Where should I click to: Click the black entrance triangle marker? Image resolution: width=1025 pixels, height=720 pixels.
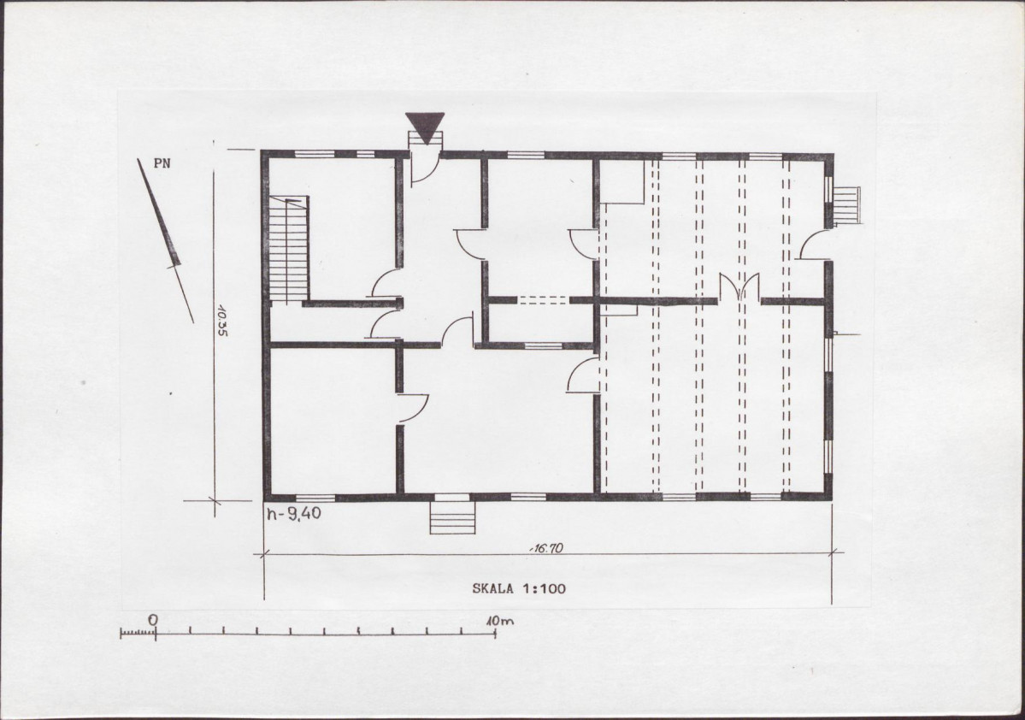tap(425, 127)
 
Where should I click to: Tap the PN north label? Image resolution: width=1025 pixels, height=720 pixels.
tap(162, 163)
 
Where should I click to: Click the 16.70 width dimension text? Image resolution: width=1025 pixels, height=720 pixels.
tap(545, 549)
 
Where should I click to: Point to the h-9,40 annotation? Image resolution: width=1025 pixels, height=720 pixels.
tap(293, 514)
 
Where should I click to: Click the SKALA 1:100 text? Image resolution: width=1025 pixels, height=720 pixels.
tap(519, 588)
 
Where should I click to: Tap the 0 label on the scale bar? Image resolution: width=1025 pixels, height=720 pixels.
tap(153, 619)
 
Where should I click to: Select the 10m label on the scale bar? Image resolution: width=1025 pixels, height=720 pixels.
tap(500, 620)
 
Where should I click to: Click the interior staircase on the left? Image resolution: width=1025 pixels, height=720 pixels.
tap(288, 249)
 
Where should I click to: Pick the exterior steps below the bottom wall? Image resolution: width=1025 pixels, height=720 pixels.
tap(452, 517)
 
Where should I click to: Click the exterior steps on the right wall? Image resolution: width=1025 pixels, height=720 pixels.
tap(845, 205)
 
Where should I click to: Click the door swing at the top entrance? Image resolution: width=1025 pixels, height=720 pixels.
tap(425, 168)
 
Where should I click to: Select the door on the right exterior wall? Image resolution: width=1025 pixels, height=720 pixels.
tap(812, 245)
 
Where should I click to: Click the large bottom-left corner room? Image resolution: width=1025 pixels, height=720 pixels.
tap(332, 420)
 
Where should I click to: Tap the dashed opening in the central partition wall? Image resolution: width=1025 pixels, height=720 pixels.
tap(544, 300)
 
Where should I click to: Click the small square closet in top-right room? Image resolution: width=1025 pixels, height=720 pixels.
tap(622, 182)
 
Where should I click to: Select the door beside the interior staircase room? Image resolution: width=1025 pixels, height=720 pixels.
tap(386, 284)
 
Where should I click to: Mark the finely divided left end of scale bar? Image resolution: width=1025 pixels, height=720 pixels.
tap(138, 633)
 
